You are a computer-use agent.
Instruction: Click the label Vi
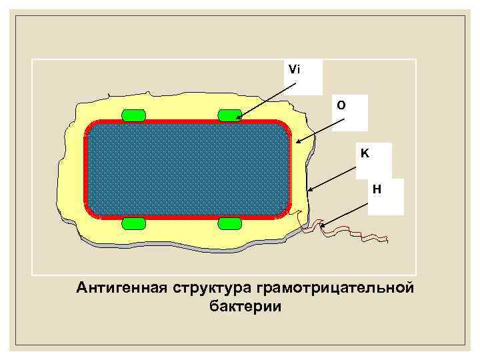[x=293, y=69]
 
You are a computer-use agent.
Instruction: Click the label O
[x=341, y=105]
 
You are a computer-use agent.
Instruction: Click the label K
[x=365, y=153]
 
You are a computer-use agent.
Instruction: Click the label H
[x=377, y=189]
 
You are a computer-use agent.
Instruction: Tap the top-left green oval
[x=134, y=115]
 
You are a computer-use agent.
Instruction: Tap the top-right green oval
[x=230, y=115]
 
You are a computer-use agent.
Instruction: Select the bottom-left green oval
[x=134, y=223]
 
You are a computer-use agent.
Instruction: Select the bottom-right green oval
[x=230, y=223]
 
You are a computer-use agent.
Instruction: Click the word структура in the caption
[x=211, y=288]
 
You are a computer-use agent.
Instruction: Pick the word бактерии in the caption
[x=245, y=307]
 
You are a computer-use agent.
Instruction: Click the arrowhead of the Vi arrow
[x=237, y=119]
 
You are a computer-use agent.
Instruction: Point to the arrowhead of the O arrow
[x=298, y=141]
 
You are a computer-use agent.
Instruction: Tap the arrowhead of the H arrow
[x=322, y=227]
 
